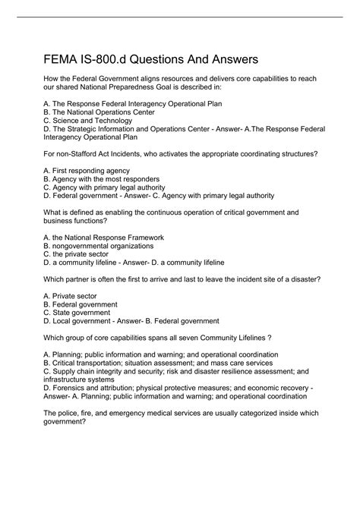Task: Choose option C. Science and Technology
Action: [x=93, y=120]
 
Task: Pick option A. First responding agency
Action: [x=87, y=171]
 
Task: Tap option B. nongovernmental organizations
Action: [x=99, y=247]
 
